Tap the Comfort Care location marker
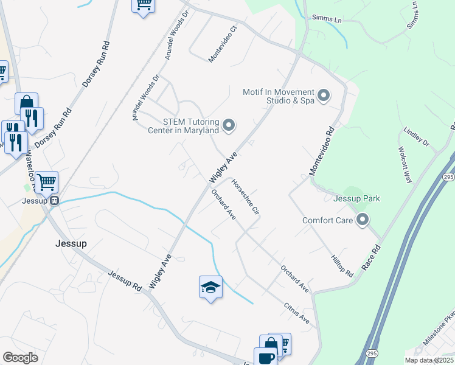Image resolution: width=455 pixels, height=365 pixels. [x=363, y=220]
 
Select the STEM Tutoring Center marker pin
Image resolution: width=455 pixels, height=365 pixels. [x=229, y=125]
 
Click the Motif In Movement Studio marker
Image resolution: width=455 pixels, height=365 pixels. [x=324, y=96]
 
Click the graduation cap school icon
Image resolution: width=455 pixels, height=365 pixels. [x=210, y=287]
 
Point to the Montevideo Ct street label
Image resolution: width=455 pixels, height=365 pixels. [x=222, y=44]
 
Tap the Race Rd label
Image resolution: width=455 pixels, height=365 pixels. [x=371, y=258]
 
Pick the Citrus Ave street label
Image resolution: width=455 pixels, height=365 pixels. [x=297, y=313]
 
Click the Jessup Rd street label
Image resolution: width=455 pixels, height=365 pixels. [x=125, y=282]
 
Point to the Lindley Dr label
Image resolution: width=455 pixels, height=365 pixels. [x=417, y=136]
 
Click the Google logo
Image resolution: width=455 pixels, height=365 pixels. [x=21, y=358]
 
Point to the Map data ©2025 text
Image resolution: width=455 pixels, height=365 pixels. [x=429, y=360]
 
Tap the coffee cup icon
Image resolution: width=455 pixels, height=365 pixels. [x=266, y=356]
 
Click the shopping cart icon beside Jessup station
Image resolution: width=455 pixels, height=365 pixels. [x=46, y=181]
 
